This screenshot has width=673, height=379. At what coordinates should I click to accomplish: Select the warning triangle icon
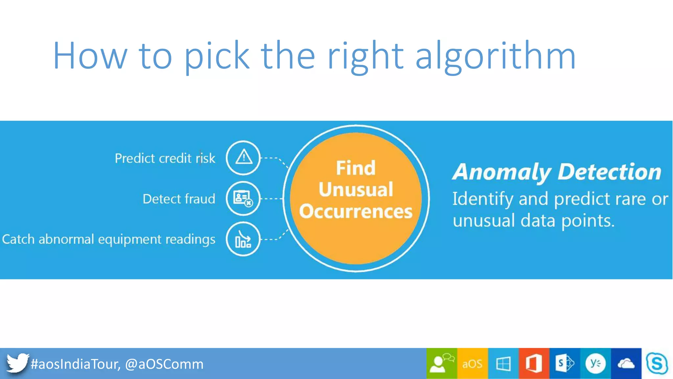(x=243, y=158)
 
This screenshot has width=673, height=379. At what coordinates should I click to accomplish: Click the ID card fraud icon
(x=243, y=198)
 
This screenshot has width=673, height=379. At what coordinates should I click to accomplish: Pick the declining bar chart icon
(x=243, y=239)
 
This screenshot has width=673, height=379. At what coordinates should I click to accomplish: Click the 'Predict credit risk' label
(x=165, y=158)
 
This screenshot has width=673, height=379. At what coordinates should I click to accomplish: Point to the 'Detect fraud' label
(x=179, y=199)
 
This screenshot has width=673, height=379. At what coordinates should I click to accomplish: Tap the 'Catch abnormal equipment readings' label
(x=109, y=239)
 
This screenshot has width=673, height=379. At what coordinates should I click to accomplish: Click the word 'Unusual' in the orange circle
(x=356, y=189)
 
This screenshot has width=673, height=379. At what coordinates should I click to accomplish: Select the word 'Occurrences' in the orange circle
(x=356, y=211)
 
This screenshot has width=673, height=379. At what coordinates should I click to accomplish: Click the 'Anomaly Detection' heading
(x=557, y=172)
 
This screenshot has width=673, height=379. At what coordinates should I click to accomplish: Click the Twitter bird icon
(x=17, y=363)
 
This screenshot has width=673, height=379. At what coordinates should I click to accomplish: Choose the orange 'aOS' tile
(x=472, y=364)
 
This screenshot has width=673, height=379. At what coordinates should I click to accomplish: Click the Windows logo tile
(x=503, y=364)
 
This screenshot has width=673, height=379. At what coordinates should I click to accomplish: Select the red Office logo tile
(x=534, y=364)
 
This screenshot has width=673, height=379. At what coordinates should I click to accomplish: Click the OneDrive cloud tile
(x=626, y=364)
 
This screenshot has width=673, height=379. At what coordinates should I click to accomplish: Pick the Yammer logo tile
(x=595, y=364)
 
